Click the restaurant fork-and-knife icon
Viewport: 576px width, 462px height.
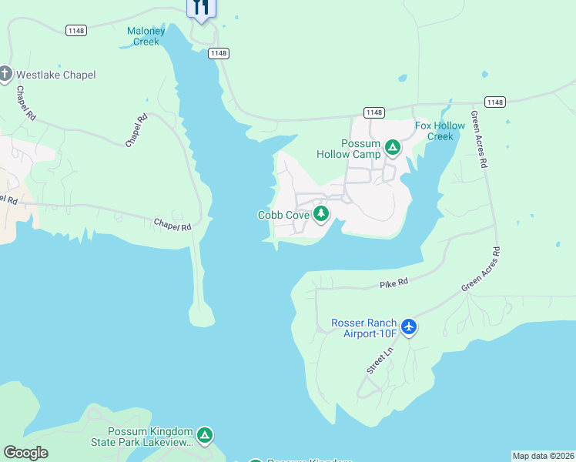pos(201,8)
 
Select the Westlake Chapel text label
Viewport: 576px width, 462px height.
pos(56,75)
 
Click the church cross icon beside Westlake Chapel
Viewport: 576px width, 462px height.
pos(5,75)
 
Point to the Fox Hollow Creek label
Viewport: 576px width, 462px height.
pos(440,131)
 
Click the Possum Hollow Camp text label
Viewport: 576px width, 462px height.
pos(349,149)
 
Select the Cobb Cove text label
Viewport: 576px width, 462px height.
pos(283,215)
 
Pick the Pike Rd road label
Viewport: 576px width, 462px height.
pos(393,284)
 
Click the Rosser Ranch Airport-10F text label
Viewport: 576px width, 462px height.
pos(363,328)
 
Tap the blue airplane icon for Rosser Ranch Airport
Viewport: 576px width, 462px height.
pos(408,327)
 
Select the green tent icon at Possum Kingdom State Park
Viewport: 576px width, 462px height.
pos(204,436)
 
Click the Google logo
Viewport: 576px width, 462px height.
pos(25,453)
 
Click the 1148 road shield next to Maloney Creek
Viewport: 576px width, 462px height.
pos(76,30)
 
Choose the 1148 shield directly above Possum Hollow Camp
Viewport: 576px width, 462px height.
pos(374,112)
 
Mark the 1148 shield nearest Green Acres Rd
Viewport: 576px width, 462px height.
pos(494,102)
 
